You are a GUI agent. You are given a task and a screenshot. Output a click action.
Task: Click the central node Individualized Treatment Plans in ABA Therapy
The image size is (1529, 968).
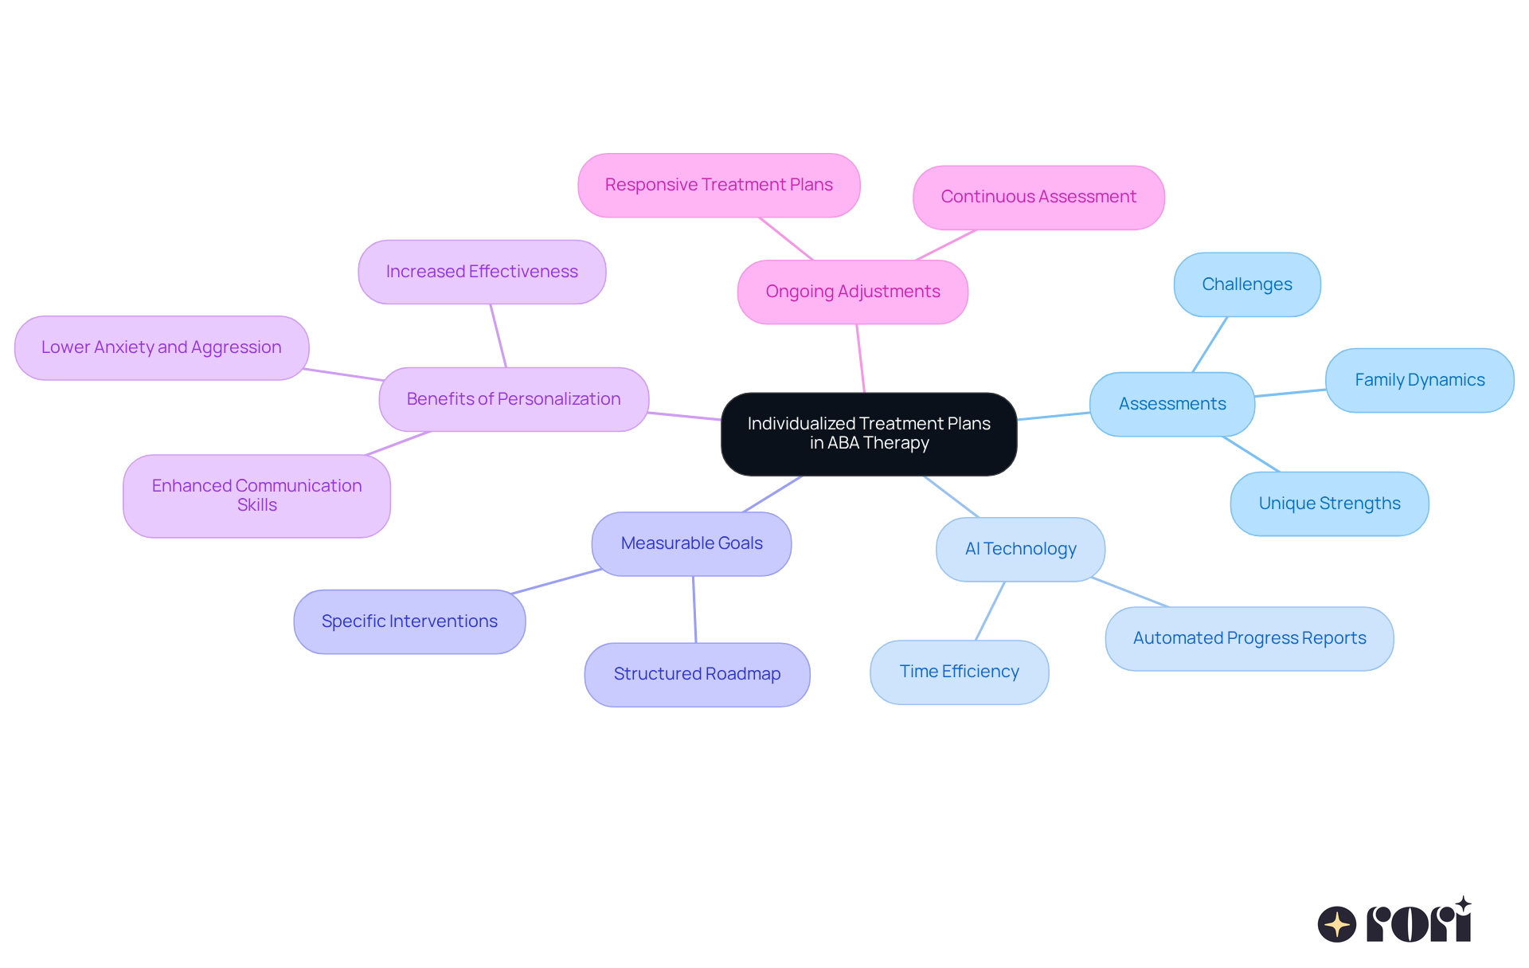point(869,433)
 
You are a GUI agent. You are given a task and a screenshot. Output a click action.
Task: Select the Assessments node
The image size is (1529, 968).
point(1171,404)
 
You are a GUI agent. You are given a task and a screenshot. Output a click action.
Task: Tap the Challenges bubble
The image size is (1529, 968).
point(1246,284)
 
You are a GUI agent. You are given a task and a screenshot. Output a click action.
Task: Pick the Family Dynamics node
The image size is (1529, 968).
point(1419,380)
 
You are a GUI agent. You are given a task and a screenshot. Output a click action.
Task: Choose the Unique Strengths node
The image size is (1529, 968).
point(1329,504)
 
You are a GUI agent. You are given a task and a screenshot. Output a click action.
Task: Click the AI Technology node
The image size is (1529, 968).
point(1020,549)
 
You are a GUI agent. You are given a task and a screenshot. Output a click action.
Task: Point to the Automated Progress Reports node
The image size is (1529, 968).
point(1249,638)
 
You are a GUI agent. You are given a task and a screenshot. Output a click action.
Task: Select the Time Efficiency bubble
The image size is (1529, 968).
point(959,672)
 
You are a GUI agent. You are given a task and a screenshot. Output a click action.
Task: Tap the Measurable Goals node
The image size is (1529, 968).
point(691,543)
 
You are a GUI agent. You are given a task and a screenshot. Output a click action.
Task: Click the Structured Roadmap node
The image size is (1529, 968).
point(697,674)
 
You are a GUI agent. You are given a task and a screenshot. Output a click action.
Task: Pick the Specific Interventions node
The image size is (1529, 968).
point(409,621)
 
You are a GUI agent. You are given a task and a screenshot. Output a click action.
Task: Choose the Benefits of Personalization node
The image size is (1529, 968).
point(514,399)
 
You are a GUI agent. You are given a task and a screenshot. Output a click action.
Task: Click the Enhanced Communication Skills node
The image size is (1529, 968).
point(256,496)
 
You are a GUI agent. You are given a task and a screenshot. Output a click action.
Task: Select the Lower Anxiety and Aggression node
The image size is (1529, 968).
point(161,347)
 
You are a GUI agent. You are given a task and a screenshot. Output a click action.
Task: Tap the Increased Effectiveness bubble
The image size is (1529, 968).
point(482,272)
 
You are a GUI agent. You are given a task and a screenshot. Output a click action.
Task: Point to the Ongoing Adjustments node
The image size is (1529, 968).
point(852,292)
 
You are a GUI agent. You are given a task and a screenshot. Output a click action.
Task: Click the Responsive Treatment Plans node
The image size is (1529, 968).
point(718,185)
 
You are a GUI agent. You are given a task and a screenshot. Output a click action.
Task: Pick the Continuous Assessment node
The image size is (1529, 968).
point(1038,197)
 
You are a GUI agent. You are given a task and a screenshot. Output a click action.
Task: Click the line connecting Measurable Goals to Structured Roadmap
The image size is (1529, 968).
point(694,609)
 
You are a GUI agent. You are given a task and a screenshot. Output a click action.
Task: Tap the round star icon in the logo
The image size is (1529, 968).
point(1336,924)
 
